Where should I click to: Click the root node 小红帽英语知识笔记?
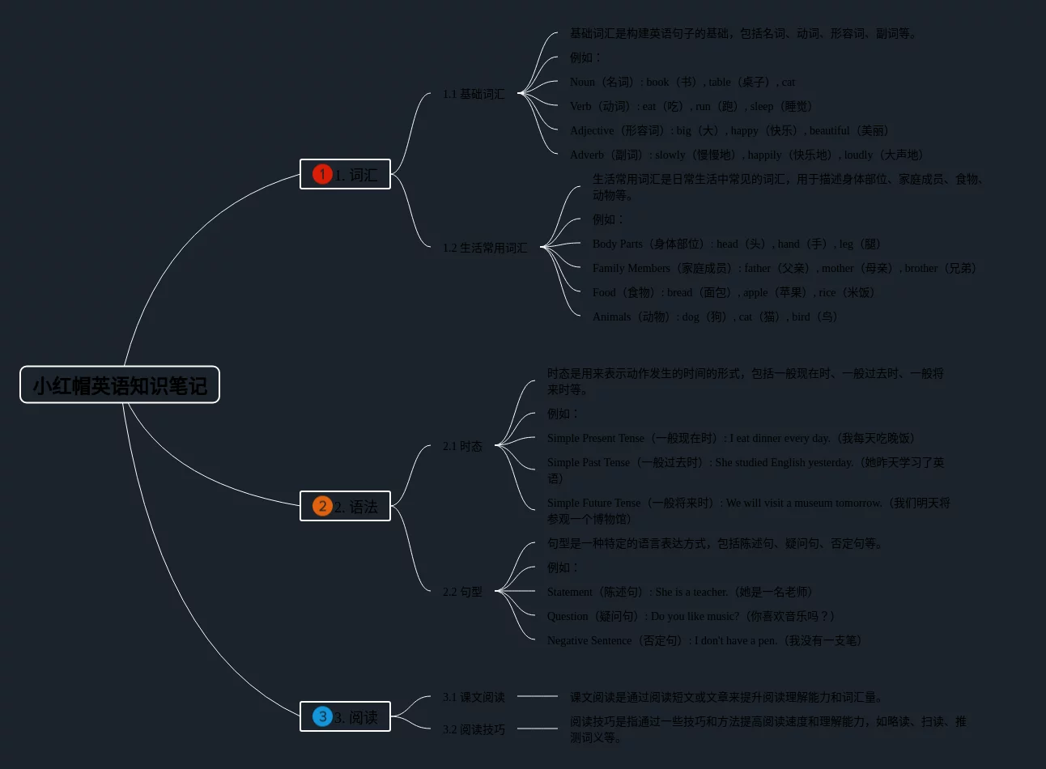tap(120, 385)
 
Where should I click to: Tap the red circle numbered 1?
tap(322, 174)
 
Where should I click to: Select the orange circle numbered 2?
tap(322, 506)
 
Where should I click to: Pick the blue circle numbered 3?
tap(322, 716)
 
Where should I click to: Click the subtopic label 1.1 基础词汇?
tap(474, 94)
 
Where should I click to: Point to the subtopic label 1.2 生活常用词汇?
tap(484, 248)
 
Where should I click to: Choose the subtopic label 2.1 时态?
tap(462, 446)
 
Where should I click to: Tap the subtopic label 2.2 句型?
tap(462, 592)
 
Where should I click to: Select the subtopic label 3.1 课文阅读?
tap(474, 697)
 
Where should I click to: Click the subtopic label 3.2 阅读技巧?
tap(474, 729)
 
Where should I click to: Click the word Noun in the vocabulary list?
tap(582, 82)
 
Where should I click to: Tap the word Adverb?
tap(587, 155)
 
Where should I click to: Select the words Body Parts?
tap(618, 244)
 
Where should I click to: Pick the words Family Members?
tap(631, 268)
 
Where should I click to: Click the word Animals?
tap(611, 317)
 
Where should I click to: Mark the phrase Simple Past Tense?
tap(589, 462)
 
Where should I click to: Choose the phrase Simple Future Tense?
tap(593, 503)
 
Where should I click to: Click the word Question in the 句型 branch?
tap(568, 616)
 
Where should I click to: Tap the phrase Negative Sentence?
tap(589, 640)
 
